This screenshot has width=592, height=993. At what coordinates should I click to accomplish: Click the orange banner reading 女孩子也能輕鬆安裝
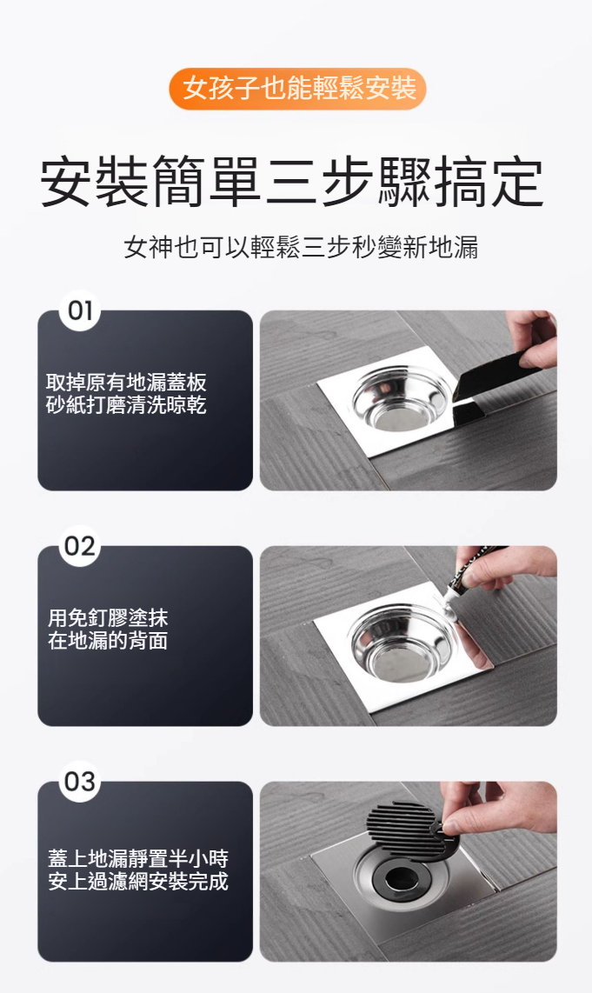(297, 89)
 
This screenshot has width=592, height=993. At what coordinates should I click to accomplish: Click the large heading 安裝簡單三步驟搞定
(292, 183)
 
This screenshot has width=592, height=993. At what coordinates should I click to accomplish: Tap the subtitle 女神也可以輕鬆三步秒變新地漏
(301, 246)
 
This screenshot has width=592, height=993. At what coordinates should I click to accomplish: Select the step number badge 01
(80, 310)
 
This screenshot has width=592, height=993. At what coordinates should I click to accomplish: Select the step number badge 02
(80, 546)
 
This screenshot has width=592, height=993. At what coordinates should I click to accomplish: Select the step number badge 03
(80, 782)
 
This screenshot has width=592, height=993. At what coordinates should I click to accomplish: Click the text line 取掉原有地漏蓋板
(127, 383)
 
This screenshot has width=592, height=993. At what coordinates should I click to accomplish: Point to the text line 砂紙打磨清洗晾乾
(127, 404)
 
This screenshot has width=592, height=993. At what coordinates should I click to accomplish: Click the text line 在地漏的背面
(108, 640)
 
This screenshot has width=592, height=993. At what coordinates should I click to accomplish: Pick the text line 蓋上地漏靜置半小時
(138, 858)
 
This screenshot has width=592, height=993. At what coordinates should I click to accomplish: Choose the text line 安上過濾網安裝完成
(138, 881)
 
